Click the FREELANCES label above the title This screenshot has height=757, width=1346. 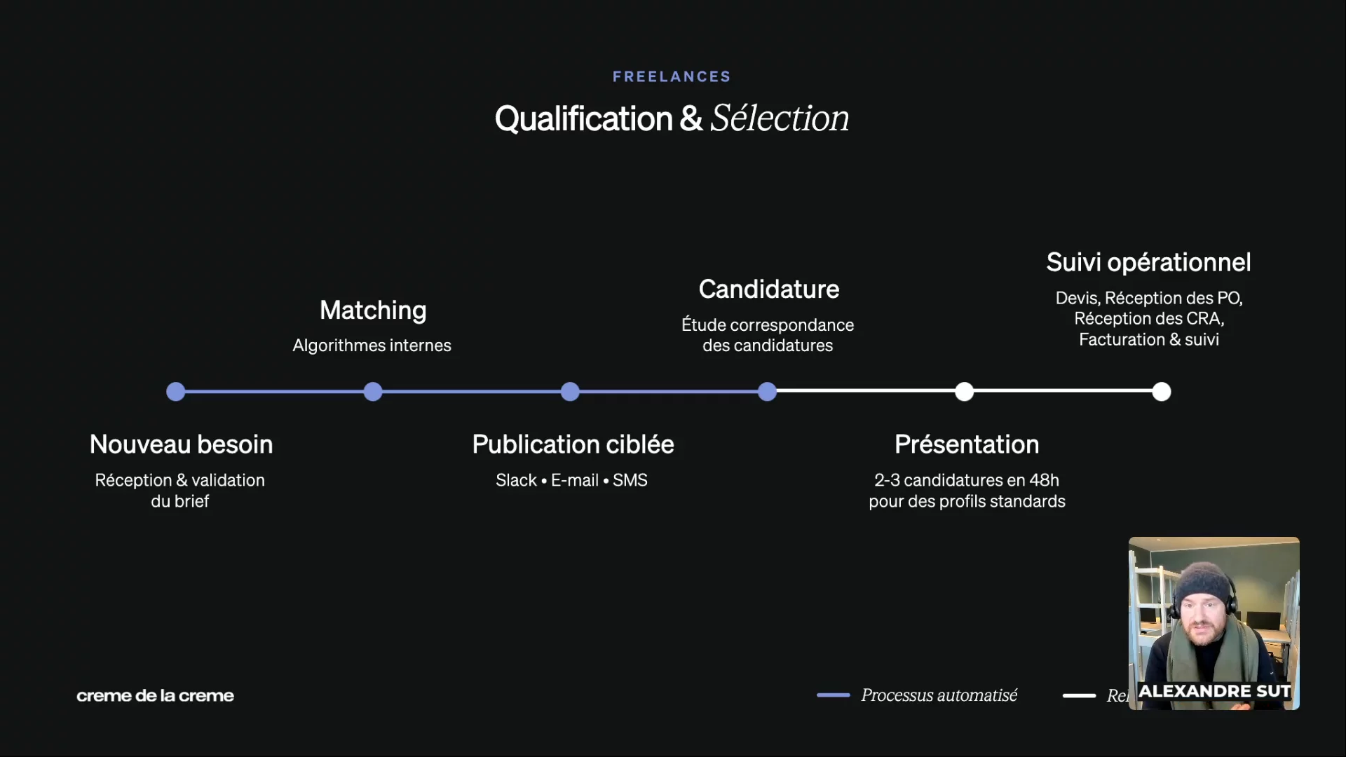coord(672,76)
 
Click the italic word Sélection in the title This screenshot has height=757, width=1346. coord(780,118)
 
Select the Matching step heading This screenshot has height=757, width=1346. coord(373,310)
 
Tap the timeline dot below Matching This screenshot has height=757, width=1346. coord(373,392)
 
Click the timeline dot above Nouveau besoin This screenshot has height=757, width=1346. coord(176,392)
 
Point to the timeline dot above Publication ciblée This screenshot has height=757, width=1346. coord(570,392)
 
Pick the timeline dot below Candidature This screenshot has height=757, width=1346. coord(768,392)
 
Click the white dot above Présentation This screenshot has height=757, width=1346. coord(965,392)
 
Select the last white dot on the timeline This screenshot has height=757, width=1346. coord(1162,392)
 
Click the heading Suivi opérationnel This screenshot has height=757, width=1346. coord(1148,262)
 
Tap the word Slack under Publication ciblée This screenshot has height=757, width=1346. coord(516,480)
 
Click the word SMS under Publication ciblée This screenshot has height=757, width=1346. coord(630,480)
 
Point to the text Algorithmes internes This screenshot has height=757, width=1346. coord(372,346)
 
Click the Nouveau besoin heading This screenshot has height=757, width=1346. coord(181,444)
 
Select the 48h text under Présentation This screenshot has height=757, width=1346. coord(1044,480)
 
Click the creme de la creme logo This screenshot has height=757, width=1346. coord(155,695)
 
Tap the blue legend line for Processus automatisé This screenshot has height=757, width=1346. coord(833,695)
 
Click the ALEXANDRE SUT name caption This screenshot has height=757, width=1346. coord(1214,691)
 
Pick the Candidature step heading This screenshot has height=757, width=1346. coord(768,289)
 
